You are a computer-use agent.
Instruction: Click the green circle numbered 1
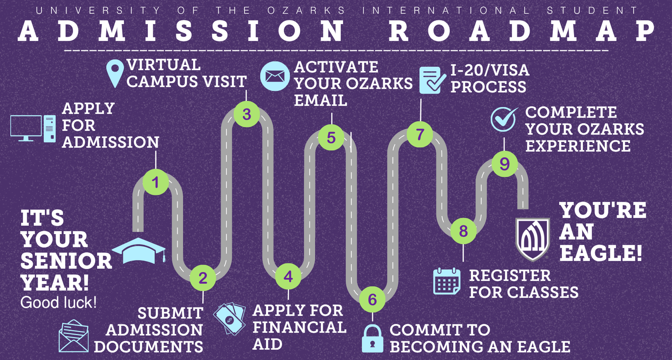[x=156, y=182]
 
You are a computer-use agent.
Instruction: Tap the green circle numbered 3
[x=247, y=114]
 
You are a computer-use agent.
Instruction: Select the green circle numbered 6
[x=372, y=299]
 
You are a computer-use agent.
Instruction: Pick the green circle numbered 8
[x=463, y=231]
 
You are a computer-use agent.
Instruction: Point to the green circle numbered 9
[x=505, y=164]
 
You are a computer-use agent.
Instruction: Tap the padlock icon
[x=372, y=338]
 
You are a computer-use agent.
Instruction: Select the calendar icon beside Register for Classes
[x=447, y=281]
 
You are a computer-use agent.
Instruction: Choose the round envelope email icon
[x=275, y=76]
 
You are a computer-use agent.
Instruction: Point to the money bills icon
[x=230, y=319]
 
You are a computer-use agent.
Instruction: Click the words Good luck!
[x=58, y=302]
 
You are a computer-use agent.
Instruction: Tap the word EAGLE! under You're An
[x=601, y=253]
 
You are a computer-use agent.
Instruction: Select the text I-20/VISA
[x=490, y=70]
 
